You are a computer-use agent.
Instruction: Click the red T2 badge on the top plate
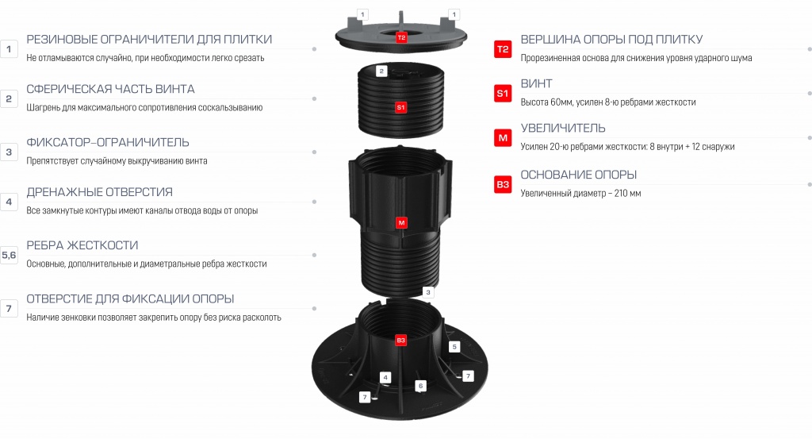401,37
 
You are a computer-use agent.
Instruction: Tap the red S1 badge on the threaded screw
400,107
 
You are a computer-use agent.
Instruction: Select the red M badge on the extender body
401,223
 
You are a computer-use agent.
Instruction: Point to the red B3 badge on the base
400,340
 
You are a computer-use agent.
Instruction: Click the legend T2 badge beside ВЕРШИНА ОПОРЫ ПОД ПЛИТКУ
503,49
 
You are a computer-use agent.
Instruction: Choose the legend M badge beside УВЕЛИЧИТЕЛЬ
503,138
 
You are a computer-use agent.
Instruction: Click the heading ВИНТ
537,83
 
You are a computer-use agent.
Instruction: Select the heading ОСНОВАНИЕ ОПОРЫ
578,175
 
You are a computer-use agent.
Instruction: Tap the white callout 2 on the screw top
381,71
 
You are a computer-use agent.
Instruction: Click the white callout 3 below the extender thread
427,292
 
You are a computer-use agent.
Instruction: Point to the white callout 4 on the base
385,377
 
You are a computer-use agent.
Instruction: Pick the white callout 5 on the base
454,347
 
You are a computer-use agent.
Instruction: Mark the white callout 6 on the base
420,386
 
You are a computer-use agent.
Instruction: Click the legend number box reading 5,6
9,255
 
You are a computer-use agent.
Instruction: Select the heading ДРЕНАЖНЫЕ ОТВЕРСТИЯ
99,192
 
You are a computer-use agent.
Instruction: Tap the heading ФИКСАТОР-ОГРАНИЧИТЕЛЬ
108,142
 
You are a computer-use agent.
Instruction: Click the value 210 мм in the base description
628,194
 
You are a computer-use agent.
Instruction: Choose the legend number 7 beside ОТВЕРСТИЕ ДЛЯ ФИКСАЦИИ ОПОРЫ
9,308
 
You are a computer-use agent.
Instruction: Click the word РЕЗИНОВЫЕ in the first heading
62,40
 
